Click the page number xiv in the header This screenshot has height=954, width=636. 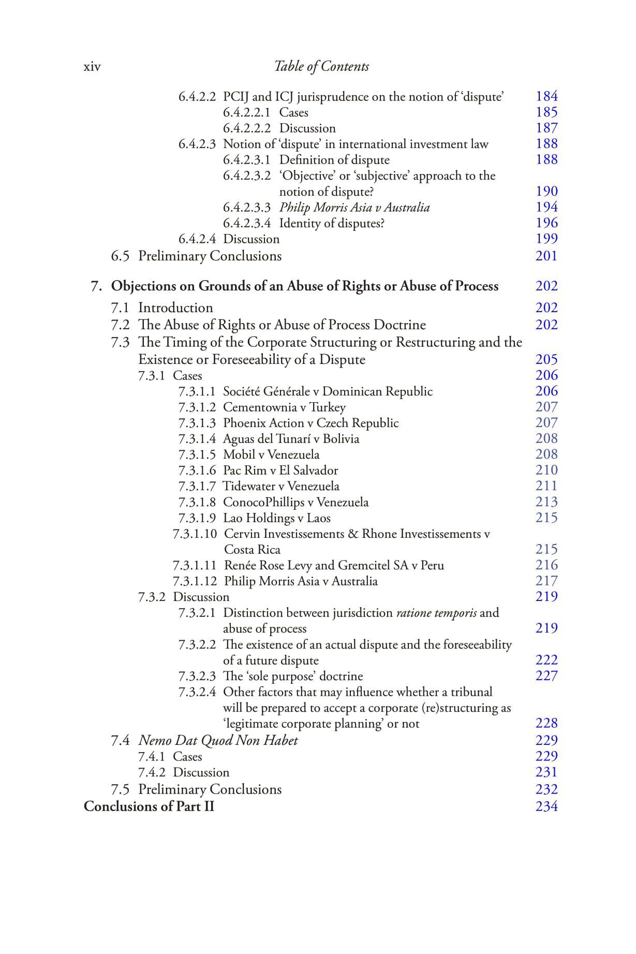(92, 67)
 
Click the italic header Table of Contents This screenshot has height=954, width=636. (321, 66)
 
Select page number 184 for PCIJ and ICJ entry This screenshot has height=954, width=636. (546, 96)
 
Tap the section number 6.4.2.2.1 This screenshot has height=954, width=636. (247, 112)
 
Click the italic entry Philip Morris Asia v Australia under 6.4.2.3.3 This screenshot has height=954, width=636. (354, 208)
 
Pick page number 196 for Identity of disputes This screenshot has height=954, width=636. (546, 223)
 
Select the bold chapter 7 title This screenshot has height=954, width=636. (305, 286)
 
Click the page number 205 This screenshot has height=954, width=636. (546, 359)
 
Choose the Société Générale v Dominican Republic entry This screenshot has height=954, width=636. (328, 391)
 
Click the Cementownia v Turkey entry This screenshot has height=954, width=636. (284, 407)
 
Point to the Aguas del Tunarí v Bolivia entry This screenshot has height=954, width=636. (291, 439)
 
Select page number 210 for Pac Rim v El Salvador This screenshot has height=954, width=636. (546, 470)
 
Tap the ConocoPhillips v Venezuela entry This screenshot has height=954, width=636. (295, 502)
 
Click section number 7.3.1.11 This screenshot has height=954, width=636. (195, 565)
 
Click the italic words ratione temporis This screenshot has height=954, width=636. (436, 613)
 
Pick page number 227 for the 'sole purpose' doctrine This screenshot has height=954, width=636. (546, 676)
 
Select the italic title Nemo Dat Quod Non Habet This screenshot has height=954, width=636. (218, 740)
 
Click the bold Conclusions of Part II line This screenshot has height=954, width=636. (149, 806)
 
